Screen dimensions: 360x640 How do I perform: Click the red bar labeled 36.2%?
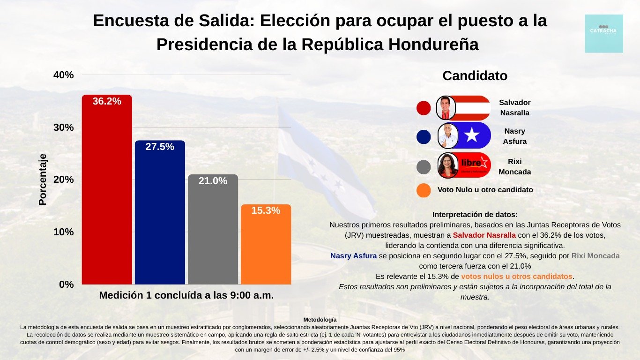pos(107,190)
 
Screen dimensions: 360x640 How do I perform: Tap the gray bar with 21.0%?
pos(213,230)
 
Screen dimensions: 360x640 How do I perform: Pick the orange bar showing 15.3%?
pos(266,244)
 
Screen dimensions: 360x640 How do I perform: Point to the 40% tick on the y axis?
pos(63,75)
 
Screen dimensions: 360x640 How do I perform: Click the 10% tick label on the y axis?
pos(63,232)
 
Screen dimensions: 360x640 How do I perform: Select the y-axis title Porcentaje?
pos(43,180)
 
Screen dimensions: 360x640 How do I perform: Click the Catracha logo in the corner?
pos(604,33)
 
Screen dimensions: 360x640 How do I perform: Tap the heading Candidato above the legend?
pos(475,76)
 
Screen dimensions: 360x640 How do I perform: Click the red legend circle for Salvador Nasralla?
pos(424,108)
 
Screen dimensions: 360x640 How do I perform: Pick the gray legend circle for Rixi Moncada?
pos(424,167)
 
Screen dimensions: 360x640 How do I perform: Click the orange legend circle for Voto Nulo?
pos(424,190)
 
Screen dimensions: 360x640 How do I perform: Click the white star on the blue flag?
pos(472,135)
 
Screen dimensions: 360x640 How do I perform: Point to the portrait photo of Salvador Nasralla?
pos(446,108)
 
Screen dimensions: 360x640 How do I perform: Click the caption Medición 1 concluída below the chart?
pos(186,296)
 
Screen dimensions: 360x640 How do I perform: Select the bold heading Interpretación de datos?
pos(475,214)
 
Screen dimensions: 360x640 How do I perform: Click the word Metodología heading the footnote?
pos(320,320)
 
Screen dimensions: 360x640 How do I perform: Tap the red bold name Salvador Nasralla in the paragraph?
pos(484,235)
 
